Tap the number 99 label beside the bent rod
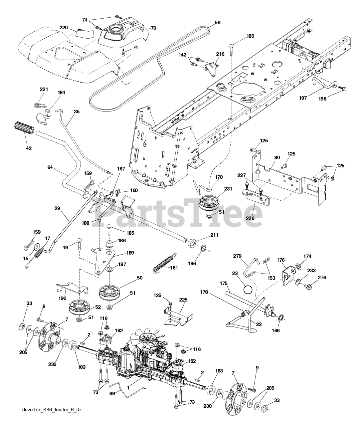[x=114, y=393]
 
